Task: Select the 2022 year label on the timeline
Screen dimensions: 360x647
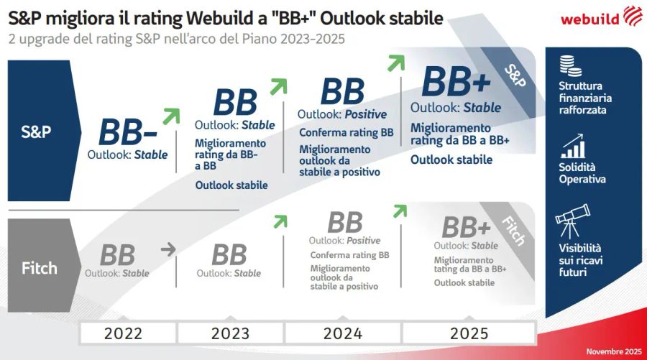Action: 123,333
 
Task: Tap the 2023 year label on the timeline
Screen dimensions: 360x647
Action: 230,333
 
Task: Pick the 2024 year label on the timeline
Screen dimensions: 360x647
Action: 342,333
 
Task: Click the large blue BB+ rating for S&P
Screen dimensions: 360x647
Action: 456,81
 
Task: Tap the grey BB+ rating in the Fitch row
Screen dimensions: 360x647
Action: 466,228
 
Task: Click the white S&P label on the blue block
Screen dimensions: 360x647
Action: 36,131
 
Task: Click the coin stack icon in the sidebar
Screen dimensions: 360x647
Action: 571,65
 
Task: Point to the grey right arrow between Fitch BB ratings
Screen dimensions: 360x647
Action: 168,249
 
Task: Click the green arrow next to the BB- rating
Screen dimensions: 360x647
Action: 171,116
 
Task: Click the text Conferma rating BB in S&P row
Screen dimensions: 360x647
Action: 346,133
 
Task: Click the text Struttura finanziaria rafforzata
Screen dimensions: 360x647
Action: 583,98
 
